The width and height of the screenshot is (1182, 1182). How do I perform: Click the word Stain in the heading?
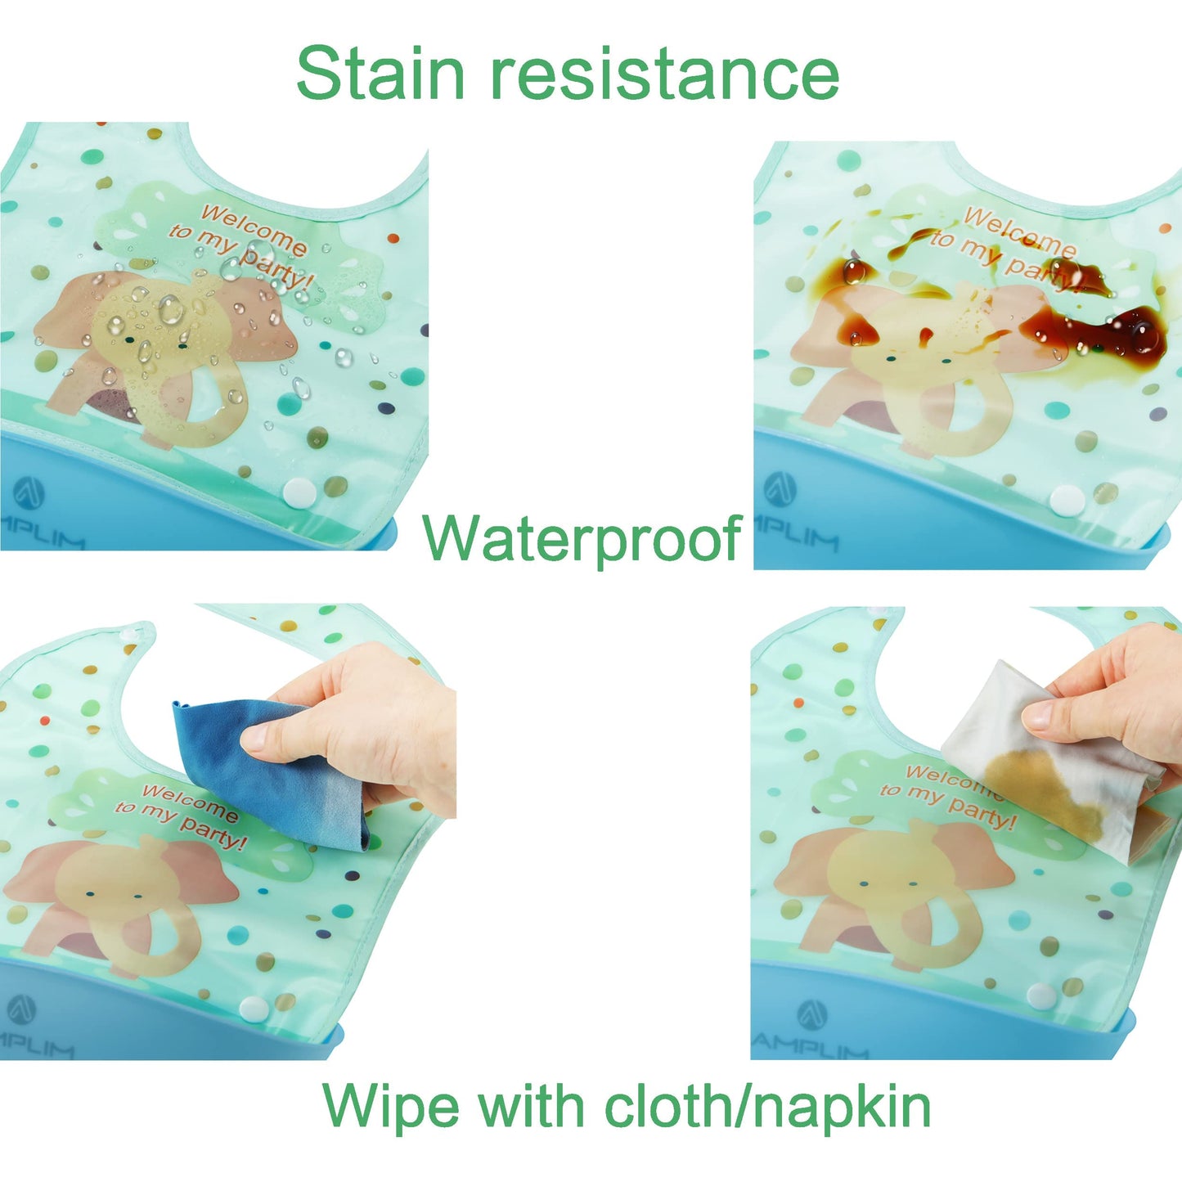380,74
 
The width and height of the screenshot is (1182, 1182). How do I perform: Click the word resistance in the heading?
664,74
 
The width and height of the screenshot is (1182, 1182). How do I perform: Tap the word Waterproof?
582,538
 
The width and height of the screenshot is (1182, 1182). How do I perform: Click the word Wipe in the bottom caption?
383,1106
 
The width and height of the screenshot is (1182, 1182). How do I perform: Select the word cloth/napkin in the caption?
767,1106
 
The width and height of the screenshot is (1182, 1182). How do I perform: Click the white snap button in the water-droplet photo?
299,492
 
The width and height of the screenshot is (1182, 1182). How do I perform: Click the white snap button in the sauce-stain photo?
1067,499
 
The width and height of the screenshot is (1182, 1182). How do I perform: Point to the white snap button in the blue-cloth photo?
254,1009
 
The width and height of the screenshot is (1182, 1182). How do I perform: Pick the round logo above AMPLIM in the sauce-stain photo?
780,488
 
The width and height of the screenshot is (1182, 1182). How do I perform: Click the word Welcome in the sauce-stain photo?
1018,231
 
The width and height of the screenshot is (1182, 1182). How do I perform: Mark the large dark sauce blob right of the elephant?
1104,331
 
